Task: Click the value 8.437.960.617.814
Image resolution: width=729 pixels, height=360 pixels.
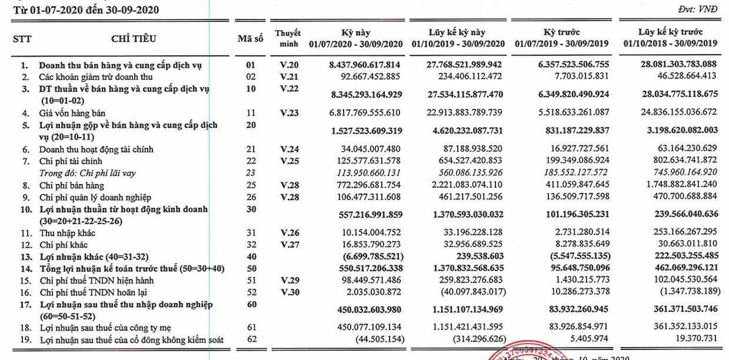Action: (x=365, y=65)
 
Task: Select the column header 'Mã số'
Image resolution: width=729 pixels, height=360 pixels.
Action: (x=249, y=39)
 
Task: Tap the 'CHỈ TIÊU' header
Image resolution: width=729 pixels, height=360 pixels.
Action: (x=132, y=39)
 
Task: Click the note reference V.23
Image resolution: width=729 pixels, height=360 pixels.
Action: (x=290, y=112)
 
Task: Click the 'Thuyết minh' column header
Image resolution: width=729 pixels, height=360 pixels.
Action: (x=288, y=39)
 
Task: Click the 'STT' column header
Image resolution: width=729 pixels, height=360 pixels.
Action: (x=22, y=39)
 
